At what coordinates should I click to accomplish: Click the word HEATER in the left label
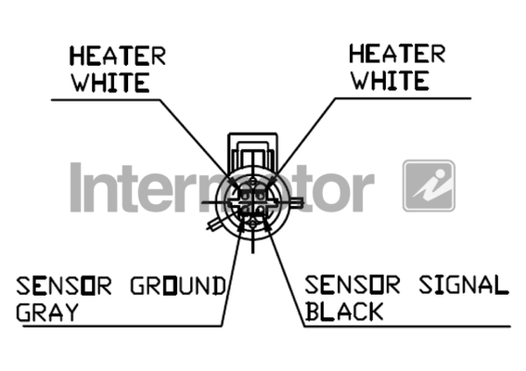pyautogui.click(x=118, y=56)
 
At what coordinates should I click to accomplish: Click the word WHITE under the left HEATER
pyautogui.click(x=110, y=83)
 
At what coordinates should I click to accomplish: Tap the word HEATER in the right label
pyautogui.click(x=397, y=54)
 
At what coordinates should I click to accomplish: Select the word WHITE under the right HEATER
pyautogui.click(x=391, y=81)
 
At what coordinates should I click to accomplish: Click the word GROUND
pyautogui.click(x=178, y=286)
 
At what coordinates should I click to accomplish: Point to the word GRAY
pyautogui.click(x=47, y=313)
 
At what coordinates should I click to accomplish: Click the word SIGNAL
pyautogui.click(x=464, y=285)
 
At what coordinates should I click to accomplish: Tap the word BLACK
pyautogui.click(x=344, y=312)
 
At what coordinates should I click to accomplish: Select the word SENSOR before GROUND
pyautogui.click(x=64, y=286)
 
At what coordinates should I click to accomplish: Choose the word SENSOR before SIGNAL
pyautogui.click(x=353, y=285)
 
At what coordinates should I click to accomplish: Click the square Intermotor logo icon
pyautogui.click(x=429, y=185)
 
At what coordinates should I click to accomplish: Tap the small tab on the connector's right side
pyautogui.click(x=297, y=202)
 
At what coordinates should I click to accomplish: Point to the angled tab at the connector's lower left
pyautogui.click(x=214, y=224)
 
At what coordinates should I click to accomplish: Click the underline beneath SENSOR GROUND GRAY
pyautogui.click(x=122, y=326)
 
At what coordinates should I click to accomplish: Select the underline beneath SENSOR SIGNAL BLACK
pyautogui.click(x=407, y=326)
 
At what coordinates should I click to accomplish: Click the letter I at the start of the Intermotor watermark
pyautogui.click(x=76, y=187)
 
